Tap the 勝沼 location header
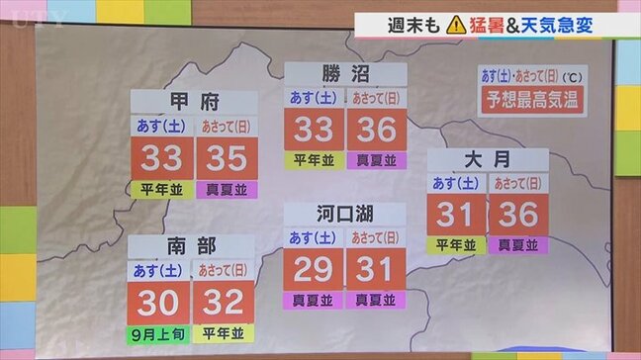(x=345, y=74)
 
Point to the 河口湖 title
(x=345, y=215)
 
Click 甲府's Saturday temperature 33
(x=162, y=157)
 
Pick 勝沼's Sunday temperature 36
(x=377, y=130)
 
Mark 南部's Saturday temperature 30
(x=159, y=301)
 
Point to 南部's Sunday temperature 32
(x=223, y=301)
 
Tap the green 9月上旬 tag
(x=159, y=332)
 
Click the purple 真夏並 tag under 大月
(x=518, y=243)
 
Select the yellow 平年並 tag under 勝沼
(x=314, y=160)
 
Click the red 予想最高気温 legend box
(x=530, y=99)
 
